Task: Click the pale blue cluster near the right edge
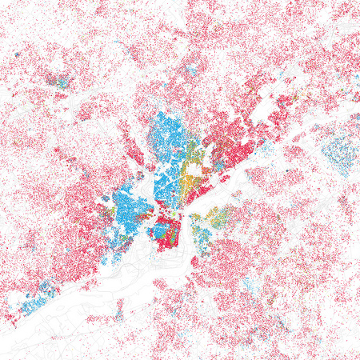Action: [339, 152]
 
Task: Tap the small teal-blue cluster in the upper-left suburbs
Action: [56, 80]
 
